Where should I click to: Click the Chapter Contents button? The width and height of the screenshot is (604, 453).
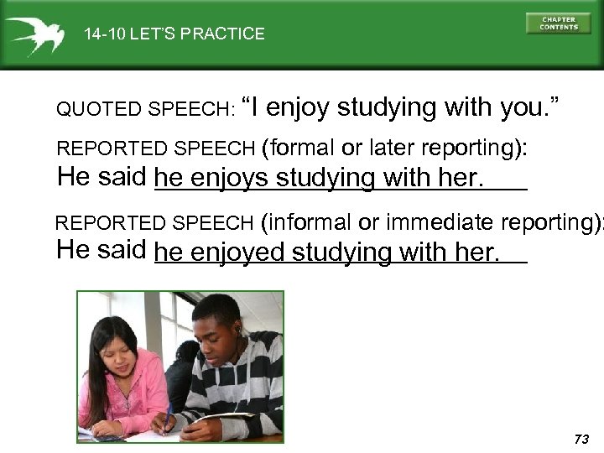pos(558,23)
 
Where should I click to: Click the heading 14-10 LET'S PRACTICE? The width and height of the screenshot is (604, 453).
pos(174,34)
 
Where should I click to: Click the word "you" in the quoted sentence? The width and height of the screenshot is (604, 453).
pos(524,107)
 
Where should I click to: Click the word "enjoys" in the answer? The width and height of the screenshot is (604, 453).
pos(231,178)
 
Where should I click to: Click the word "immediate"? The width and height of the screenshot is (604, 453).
pos(437,222)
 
